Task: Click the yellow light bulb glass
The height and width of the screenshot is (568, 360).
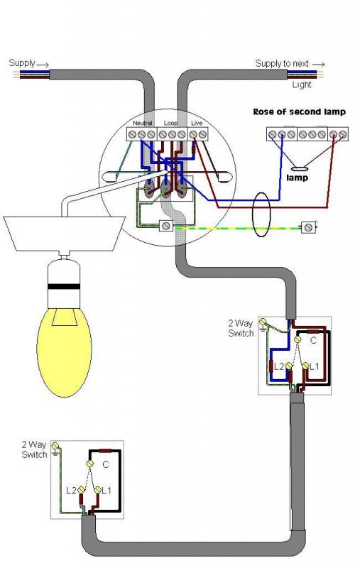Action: [64, 352]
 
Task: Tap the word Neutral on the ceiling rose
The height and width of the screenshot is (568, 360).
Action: [142, 123]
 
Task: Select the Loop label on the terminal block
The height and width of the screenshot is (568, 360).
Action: [170, 123]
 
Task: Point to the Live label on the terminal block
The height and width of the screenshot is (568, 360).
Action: [197, 123]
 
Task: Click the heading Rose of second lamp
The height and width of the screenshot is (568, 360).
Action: [299, 111]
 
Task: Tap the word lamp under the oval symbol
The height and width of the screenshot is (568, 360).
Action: [297, 177]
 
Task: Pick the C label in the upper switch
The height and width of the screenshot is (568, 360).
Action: [313, 340]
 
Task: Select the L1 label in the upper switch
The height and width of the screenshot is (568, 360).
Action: [315, 366]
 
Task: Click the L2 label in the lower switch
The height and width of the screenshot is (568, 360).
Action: [71, 491]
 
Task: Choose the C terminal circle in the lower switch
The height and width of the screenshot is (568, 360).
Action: [89, 464]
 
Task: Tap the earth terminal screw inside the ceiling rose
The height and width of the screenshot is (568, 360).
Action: [166, 226]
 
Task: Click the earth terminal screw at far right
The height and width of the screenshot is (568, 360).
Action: [308, 227]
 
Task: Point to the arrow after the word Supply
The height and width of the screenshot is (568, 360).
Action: [43, 65]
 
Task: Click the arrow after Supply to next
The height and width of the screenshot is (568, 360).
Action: [318, 65]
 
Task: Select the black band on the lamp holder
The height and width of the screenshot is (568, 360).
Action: [64, 286]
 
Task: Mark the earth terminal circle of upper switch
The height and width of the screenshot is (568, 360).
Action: [263, 322]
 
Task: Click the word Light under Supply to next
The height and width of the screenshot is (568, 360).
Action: [302, 84]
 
